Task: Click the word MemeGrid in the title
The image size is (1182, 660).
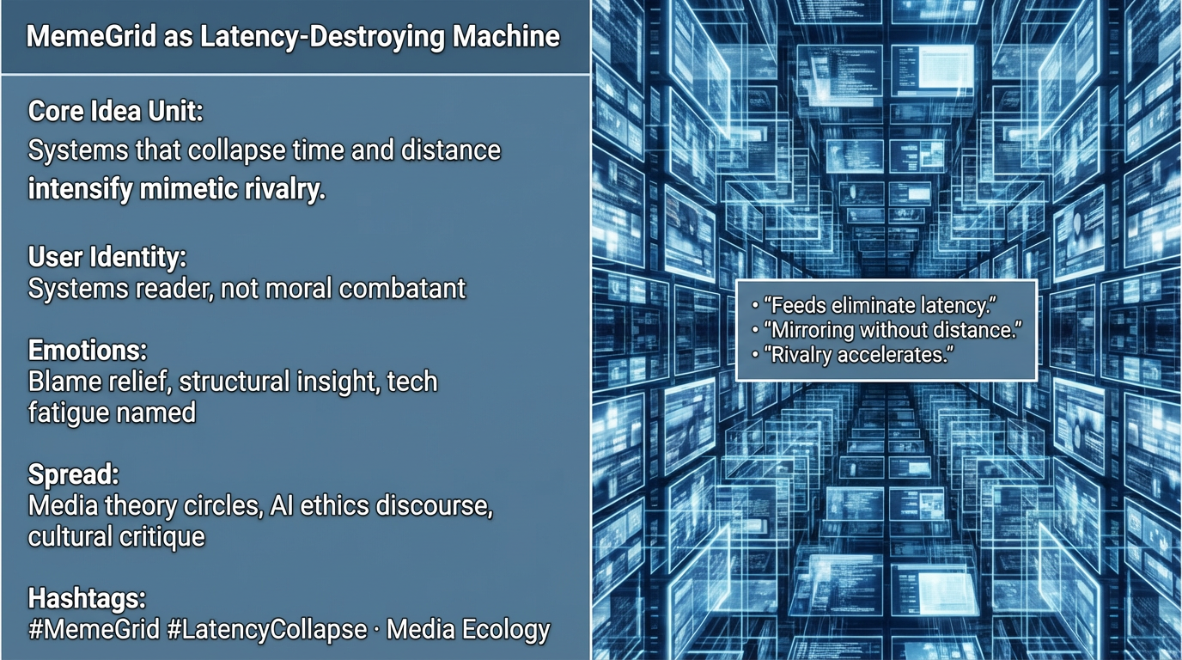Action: click(x=92, y=36)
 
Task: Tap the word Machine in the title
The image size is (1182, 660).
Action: click(x=506, y=36)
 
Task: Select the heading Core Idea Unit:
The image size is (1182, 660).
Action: click(x=116, y=112)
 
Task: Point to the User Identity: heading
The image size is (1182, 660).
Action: click(x=107, y=257)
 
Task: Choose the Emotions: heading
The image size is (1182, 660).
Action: click(x=88, y=350)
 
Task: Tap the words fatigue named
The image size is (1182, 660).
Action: click(x=112, y=412)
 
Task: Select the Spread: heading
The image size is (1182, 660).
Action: click(x=73, y=474)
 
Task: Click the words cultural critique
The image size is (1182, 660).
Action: click(x=117, y=537)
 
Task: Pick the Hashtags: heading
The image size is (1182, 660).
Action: click(x=87, y=599)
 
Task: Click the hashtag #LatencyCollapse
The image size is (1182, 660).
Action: click(x=267, y=630)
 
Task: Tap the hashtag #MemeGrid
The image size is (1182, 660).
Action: click(x=94, y=630)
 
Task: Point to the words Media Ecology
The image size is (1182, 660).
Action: click(x=468, y=630)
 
